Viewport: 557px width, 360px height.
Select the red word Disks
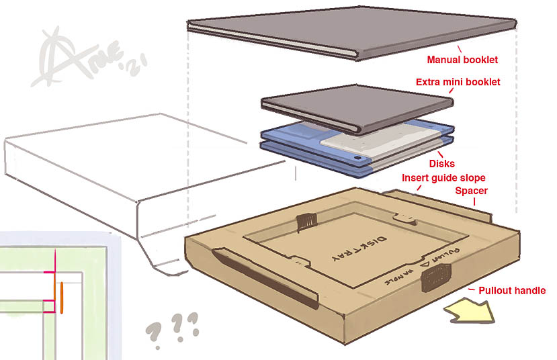(x=441, y=164)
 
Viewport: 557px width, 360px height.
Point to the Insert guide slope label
(x=443, y=178)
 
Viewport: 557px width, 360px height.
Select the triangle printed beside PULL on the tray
(x=425, y=266)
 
